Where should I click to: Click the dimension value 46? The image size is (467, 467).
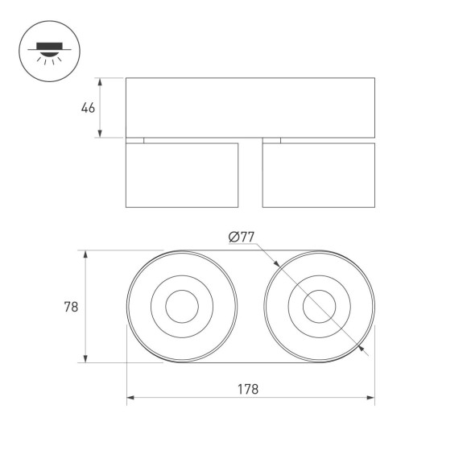click(88, 108)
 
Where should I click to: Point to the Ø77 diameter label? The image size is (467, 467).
click(241, 237)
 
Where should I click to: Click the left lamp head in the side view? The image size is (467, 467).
click(182, 175)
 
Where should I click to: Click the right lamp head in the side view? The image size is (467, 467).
click(318, 175)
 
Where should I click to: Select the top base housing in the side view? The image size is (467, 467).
click(250, 107)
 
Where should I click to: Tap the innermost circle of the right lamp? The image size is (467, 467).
click(318, 307)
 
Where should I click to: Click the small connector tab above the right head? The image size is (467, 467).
click(271, 140)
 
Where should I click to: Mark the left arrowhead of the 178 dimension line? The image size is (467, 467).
click(130, 397)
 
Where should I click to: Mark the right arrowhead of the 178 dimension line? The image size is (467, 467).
click(371, 397)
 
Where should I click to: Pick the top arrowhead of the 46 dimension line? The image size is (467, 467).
click(101, 81)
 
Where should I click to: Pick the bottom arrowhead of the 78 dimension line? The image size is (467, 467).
click(85, 359)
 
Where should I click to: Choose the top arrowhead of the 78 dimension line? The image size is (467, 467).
click(85, 254)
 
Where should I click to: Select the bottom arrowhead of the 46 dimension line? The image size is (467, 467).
click(101, 134)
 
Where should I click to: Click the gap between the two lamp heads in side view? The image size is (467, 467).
click(250, 175)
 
